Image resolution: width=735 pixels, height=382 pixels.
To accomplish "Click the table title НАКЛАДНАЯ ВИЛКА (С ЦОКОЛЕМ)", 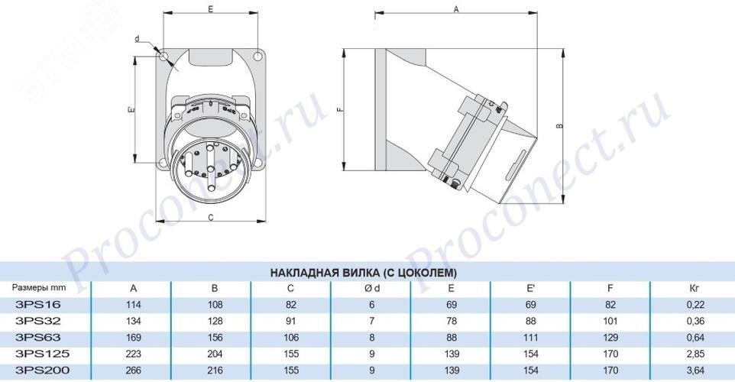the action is pyautogui.click(x=363, y=272).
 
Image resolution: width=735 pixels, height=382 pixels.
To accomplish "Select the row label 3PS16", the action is pyautogui.click(x=38, y=304).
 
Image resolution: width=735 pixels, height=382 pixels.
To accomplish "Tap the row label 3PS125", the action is pyautogui.click(x=42, y=354).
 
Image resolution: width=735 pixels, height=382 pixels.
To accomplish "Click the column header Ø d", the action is pyautogui.click(x=372, y=288).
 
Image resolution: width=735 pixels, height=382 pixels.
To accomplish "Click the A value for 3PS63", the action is pyautogui.click(x=134, y=338).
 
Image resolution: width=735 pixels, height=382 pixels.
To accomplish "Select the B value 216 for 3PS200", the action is pyautogui.click(x=215, y=371).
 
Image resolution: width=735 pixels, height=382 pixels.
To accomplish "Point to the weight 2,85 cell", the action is pyautogui.click(x=695, y=354).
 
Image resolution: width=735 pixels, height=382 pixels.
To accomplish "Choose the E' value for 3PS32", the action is pyautogui.click(x=531, y=321).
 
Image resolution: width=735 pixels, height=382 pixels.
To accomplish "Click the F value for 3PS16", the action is pyautogui.click(x=610, y=305).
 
